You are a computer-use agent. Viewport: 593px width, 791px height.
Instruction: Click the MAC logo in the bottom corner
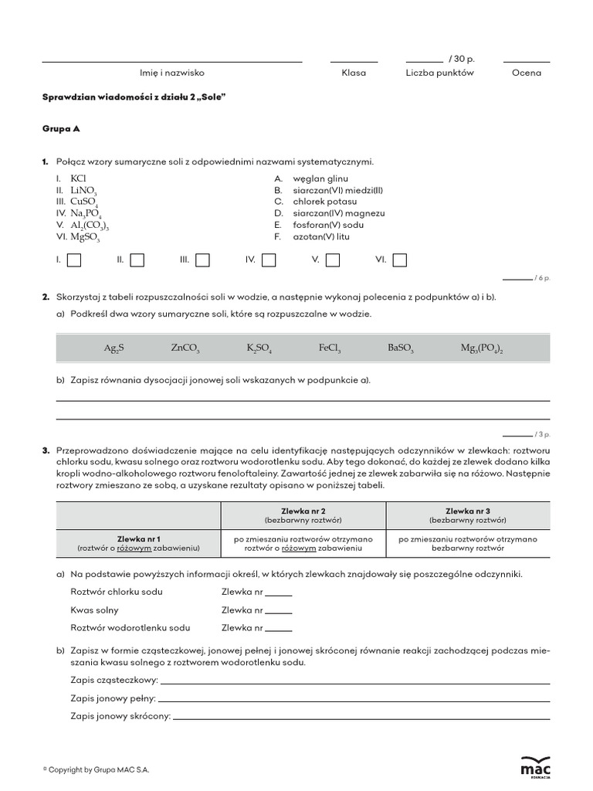pos(536,766)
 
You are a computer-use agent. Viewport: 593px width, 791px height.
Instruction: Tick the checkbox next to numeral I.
pos(74,260)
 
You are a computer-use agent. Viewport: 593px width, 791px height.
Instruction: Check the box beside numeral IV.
pos(269,260)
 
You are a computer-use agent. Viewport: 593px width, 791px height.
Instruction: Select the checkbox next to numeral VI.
pos(400,260)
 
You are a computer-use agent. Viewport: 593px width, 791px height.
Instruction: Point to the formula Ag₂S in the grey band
pos(114,348)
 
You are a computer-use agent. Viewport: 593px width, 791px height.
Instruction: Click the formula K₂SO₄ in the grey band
pos(259,348)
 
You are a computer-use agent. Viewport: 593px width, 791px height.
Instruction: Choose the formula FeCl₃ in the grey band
pos(329,348)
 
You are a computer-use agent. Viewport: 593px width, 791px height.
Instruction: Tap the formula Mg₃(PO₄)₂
pos(482,348)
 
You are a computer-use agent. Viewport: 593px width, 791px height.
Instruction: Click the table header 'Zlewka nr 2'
pos(303,511)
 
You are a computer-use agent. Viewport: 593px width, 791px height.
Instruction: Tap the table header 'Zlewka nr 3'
pos(468,511)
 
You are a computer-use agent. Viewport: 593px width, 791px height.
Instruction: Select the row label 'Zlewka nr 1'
pos(138,538)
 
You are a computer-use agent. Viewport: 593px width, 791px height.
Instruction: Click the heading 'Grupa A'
pos(61,129)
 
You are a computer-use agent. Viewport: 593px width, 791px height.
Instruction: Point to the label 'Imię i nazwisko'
pos(171,73)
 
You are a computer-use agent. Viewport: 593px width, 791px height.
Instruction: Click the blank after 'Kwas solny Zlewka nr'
pos(279,610)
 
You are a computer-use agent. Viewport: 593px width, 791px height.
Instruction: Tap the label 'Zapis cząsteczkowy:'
pos(114,680)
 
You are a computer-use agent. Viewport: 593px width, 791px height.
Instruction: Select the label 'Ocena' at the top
pos(527,73)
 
